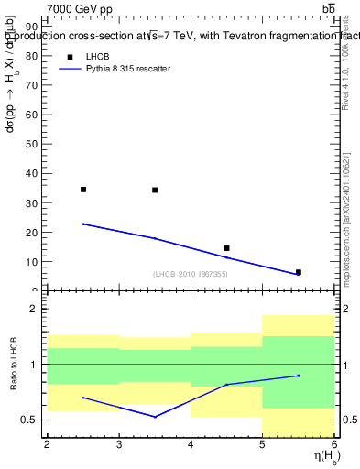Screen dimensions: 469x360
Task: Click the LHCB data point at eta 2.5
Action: click(83, 190)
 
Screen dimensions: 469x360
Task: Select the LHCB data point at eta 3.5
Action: click(155, 190)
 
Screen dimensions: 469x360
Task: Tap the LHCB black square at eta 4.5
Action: click(226, 248)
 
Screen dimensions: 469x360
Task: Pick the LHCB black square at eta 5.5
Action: click(299, 272)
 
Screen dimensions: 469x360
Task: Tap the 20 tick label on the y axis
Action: click(32, 232)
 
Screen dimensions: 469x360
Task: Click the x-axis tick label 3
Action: click(119, 444)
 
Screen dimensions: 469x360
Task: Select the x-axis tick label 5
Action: click(263, 444)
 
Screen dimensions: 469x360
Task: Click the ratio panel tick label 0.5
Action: click(29, 420)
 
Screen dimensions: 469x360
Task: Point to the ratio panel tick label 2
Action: click(33, 309)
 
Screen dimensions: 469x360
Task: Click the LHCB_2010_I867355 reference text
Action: click(190, 274)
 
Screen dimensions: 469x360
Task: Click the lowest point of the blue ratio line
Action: click(155, 417)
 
